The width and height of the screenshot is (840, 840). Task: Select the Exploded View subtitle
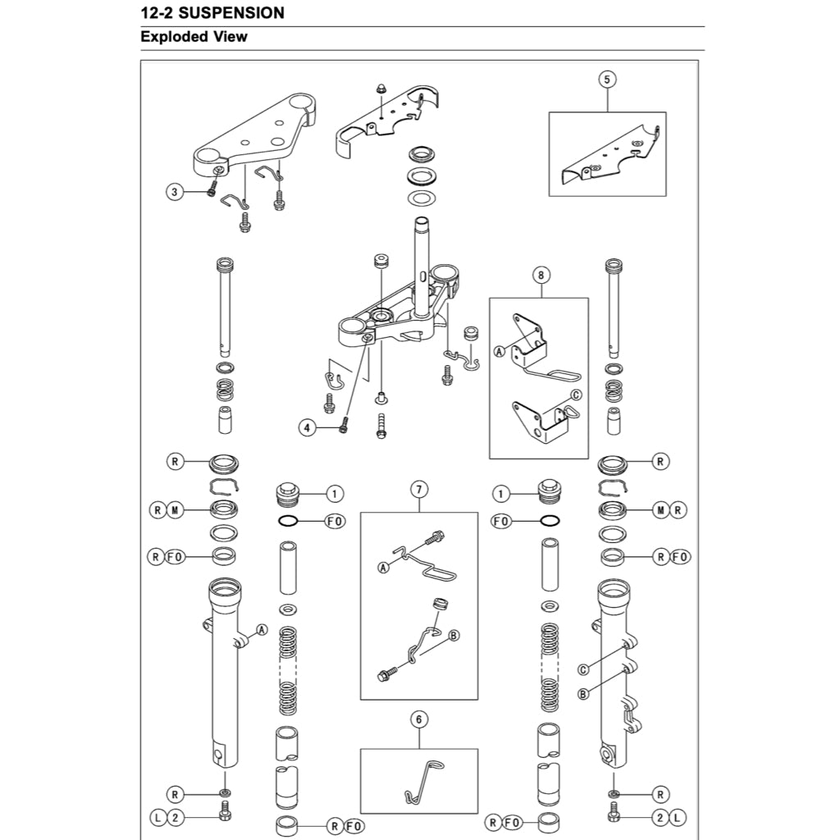194,37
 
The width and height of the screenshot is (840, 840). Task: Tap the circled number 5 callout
607,80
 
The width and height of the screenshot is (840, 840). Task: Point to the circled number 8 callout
540,276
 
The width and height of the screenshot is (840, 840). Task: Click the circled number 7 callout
418,491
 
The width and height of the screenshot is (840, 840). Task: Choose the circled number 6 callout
418,719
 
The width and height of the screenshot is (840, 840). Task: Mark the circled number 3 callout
174,192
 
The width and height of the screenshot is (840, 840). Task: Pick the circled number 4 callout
307,427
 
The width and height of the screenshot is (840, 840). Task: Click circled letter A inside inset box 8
499,351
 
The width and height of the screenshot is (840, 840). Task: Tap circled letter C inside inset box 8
575,395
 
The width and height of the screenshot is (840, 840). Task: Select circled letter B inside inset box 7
454,635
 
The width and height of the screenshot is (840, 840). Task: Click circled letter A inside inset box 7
384,567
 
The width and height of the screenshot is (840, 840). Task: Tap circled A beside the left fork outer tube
262,630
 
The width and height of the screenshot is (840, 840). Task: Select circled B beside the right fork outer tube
583,694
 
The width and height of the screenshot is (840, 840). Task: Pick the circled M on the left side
174,510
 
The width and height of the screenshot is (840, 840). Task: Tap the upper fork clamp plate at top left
254,135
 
